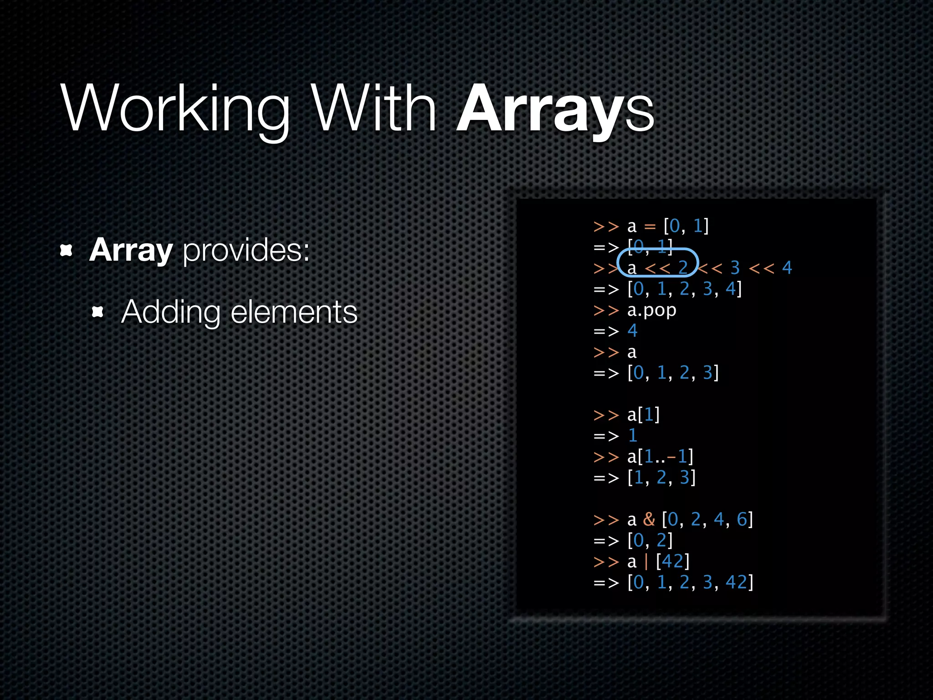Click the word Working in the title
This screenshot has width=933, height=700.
(x=175, y=109)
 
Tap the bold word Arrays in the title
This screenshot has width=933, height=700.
(x=555, y=109)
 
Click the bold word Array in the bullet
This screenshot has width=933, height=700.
(x=131, y=250)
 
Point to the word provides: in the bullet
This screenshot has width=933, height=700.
(x=246, y=251)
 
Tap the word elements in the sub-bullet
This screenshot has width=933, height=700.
(x=294, y=313)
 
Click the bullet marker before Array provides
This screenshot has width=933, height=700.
(x=67, y=250)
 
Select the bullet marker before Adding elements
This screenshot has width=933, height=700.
(x=97, y=312)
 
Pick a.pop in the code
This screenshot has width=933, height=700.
(x=651, y=310)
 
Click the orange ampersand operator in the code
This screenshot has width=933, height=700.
(x=649, y=519)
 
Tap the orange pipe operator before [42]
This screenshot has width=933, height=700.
(x=646, y=561)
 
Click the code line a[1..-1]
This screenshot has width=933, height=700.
(x=660, y=456)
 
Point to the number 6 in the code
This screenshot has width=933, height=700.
(x=742, y=519)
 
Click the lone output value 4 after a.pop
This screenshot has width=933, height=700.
(x=632, y=330)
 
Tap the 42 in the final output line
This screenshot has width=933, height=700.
(x=737, y=582)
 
